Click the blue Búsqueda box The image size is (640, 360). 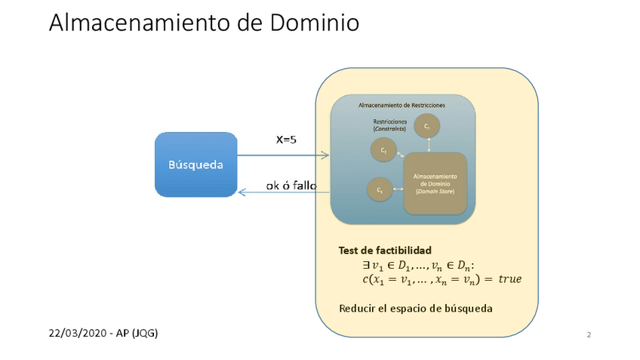pos(196,165)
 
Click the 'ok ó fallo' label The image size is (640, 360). pos(291,186)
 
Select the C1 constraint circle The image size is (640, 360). pos(380,191)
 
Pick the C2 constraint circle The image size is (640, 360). pos(384,149)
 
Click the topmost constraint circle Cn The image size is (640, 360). pos(427,128)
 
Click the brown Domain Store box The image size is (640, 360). pos(435,183)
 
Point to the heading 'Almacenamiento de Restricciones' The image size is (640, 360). pos(402,105)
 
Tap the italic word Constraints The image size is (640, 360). pos(390,129)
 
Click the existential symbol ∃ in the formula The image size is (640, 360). pos(367,265)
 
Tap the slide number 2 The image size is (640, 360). pos(589,334)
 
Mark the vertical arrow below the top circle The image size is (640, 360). pos(428,146)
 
